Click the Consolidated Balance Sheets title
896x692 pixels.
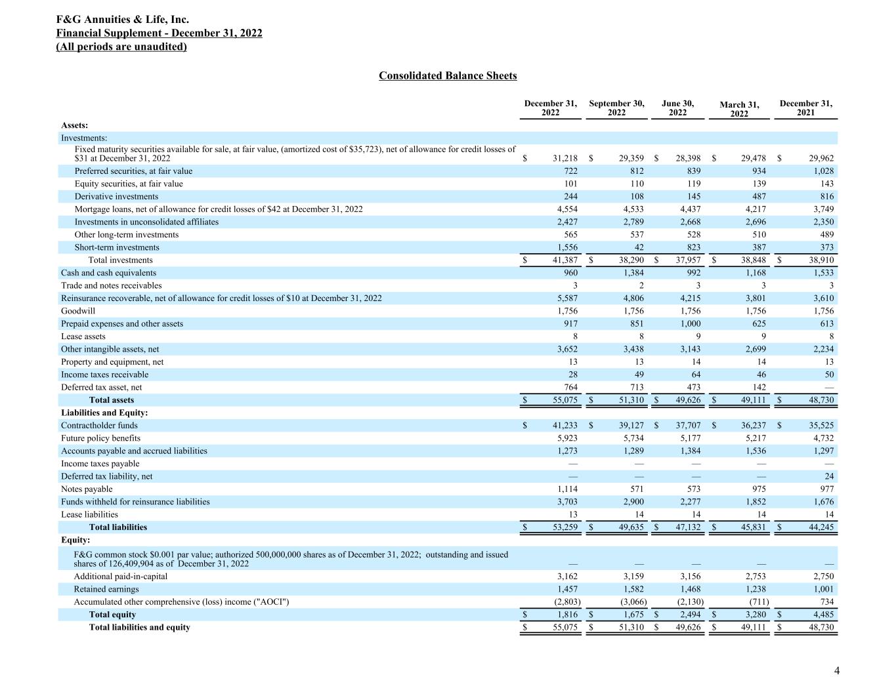448,76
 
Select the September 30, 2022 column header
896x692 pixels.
616,108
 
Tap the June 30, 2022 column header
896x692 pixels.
677,108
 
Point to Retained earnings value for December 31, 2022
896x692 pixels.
566,590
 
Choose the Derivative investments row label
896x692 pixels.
116,197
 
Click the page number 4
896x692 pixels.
836,670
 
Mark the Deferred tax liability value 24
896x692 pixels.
828,477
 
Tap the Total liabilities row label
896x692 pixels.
118,527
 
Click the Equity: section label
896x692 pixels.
75,540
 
